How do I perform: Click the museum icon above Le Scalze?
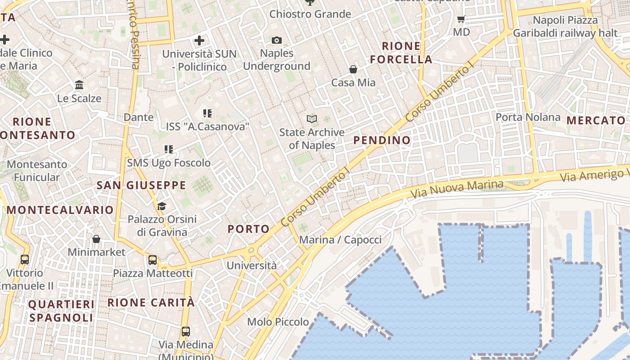pyautogui.click(x=79, y=85)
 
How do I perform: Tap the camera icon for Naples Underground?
pyautogui.click(x=277, y=40)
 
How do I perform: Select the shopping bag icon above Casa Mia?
pyautogui.click(x=353, y=69)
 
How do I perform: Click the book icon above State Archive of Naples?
pyautogui.click(x=312, y=119)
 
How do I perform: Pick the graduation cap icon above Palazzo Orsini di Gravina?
pyautogui.click(x=162, y=206)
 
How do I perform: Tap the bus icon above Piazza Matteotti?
pyautogui.click(x=153, y=260)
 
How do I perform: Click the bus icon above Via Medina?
pyautogui.click(x=185, y=332)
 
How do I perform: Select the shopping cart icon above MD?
pyautogui.click(x=461, y=19)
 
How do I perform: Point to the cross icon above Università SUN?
pyautogui.click(x=199, y=40)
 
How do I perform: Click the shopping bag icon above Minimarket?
pyautogui.click(x=96, y=239)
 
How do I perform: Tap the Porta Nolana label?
pyautogui.click(x=528, y=117)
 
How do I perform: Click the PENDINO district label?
pyautogui.click(x=382, y=140)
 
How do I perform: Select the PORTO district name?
pyautogui.click(x=248, y=229)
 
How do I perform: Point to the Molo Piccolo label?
pyautogui.click(x=278, y=322)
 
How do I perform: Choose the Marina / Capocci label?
pyautogui.click(x=340, y=240)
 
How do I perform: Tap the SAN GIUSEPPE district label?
pyautogui.click(x=141, y=185)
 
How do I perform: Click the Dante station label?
pyautogui.click(x=139, y=117)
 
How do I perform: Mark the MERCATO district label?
pyautogui.click(x=596, y=121)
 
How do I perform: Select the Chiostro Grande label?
pyautogui.click(x=310, y=14)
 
